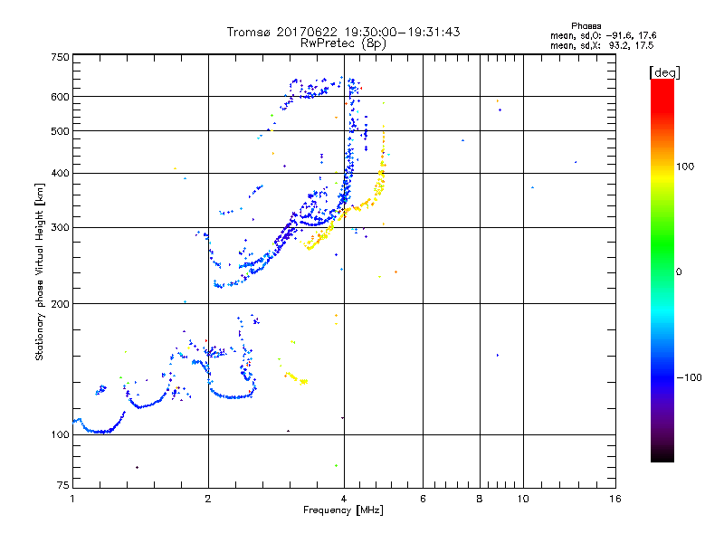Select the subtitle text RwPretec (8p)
[x=344, y=43]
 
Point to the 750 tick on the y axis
[x=61, y=57]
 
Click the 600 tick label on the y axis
[x=61, y=97]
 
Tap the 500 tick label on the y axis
[x=61, y=131]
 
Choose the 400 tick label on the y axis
[x=61, y=173]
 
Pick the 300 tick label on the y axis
[x=61, y=227]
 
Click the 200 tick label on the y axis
[x=61, y=303]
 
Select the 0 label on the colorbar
[x=680, y=271]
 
